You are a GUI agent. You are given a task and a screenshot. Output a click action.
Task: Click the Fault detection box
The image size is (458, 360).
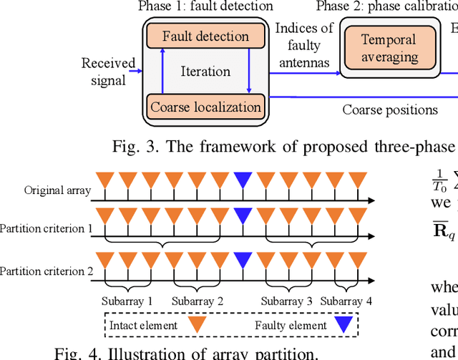tap(205, 36)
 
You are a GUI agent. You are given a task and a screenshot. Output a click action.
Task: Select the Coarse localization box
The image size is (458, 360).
tap(205, 107)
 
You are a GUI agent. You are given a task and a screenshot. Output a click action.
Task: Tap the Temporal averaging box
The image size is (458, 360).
tap(388, 49)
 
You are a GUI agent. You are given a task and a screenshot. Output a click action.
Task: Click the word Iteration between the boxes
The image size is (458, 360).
tap(205, 72)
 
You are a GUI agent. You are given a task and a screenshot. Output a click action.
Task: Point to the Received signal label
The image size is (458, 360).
tap(108, 72)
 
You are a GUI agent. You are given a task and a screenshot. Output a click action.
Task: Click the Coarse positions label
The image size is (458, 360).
tap(390, 110)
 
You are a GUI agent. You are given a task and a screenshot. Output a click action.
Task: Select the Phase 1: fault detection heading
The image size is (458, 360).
tap(205, 6)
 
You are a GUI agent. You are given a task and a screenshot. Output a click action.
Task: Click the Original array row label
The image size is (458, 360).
tap(57, 190)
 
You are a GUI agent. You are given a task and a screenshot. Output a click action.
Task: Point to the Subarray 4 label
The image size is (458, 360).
tap(346, 301)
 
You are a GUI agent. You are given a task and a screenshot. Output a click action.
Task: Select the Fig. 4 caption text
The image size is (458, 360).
tap(187, 352)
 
